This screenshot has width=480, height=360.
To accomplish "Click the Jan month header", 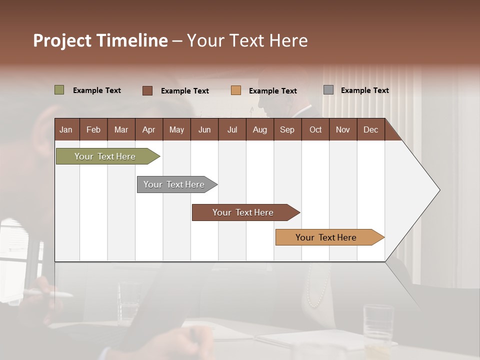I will [x=66, y=130].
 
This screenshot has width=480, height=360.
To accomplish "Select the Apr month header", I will [x=149, y=130].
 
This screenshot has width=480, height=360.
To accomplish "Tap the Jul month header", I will [x=232, y=130].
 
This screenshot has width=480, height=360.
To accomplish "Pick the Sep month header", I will [x=287, y=130].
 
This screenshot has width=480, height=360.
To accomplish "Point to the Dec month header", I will [x=370, y=130].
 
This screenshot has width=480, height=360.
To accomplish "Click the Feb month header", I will [x=93, y=130].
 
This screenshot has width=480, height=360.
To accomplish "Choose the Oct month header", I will [x=315, y=130].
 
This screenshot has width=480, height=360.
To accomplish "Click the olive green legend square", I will [x=59, y=90].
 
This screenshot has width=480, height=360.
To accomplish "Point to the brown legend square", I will [x=147, y=90].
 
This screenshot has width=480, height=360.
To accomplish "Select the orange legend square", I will [x=236, y=90].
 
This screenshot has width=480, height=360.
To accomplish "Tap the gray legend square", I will [x=328, y=90].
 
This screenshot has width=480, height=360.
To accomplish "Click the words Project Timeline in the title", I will [x=100, y=40].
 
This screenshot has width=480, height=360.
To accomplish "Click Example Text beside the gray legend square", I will [x=364, y=90].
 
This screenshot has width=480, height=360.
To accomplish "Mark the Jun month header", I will [x=204, y=130].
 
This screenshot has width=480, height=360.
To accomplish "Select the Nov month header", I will [x=343, y=130].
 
